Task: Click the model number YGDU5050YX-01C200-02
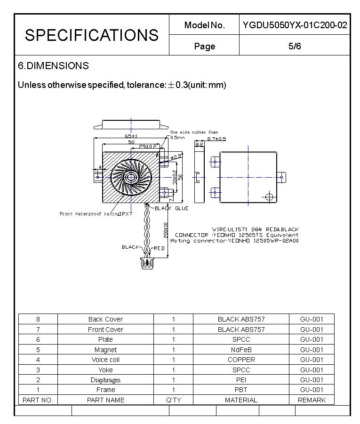295,25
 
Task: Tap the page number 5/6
295,46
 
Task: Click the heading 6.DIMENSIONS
53,66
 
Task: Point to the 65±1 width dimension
131,136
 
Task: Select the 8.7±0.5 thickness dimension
216,139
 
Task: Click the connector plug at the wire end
146,264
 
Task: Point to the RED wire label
160,248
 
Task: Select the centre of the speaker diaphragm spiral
130,177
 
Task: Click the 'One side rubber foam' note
194,133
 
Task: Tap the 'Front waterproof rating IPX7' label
96,214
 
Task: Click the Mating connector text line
234,241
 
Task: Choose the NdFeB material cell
241,350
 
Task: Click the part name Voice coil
105,360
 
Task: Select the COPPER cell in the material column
241,360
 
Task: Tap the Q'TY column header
173,400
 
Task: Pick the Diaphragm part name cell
105,380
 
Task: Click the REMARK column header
312,400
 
